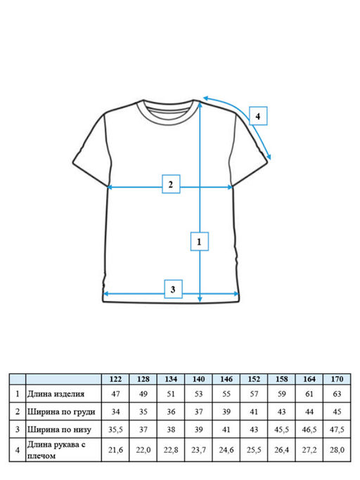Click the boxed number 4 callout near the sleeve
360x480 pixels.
click(x=258, y=116)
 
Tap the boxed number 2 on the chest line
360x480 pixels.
click(x=171, y=184)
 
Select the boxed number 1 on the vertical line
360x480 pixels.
click(x=200, y=242)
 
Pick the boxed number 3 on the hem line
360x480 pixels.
click(x=173, y=289)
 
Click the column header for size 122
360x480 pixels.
click(x=115, y=379)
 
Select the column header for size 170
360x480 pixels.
click(x=337, y=379)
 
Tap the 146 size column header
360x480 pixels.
click(x=226, y=379)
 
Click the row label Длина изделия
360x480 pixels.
click(x=56, y=394)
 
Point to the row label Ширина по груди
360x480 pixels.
click(x=61, y=412)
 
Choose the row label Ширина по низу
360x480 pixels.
click(x=59, y=429)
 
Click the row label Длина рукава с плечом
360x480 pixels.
click(x=56, y=450)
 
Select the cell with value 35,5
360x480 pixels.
click(x=115, y=429)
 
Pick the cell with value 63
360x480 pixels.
click(x=337, y=394)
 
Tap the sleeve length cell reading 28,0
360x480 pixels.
click(x=337, y=450)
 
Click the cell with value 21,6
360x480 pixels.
click(x=115, y=450)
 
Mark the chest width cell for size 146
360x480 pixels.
click(x=226, y=412)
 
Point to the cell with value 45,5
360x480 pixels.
click(x=281, y=429)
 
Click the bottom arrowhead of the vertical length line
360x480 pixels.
click(x=200, y=299)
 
